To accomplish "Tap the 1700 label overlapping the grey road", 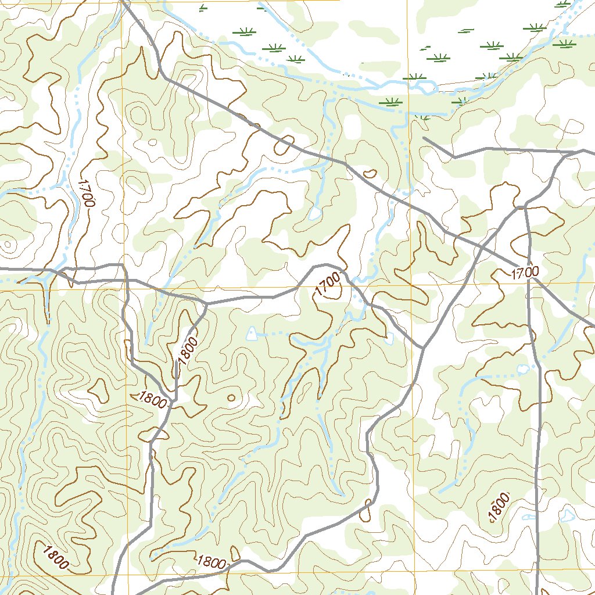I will (x=525, y=272).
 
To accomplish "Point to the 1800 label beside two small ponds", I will (x=499, y=508).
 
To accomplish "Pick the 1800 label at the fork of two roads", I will (x=153, y=400).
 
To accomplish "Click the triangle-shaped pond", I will (x=251, y=333).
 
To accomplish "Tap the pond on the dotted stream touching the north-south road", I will (x=522, y=368).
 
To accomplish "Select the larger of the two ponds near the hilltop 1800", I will (x=567, y=515).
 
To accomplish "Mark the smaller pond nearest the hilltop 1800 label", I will (x=529, y=517).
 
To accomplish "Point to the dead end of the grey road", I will (x=424, y=138).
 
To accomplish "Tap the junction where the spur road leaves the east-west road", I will (x=207, y=303).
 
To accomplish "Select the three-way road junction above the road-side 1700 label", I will (x=524, y=206).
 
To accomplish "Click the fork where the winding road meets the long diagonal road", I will (x=423, y=347).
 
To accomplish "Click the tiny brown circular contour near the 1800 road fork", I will (x=231, y=398).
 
